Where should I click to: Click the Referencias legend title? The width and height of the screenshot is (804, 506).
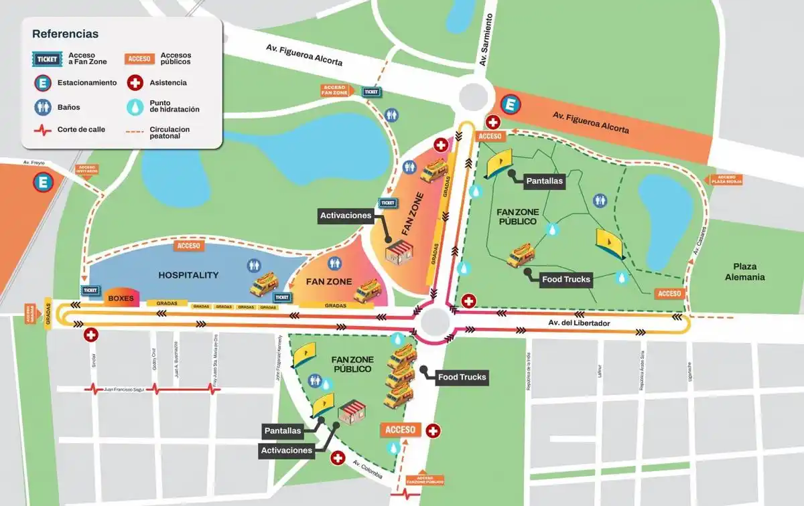coord(66,33)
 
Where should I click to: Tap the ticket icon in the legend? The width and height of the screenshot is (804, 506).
coord(47,58)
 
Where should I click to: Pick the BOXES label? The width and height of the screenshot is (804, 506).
coord(121,298)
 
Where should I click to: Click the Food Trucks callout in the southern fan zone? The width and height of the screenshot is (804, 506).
coord(462,377)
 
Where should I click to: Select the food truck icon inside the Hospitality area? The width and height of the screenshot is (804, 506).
coord(263,284)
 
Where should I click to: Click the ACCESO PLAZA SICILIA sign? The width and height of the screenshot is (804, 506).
coord(724,179)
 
